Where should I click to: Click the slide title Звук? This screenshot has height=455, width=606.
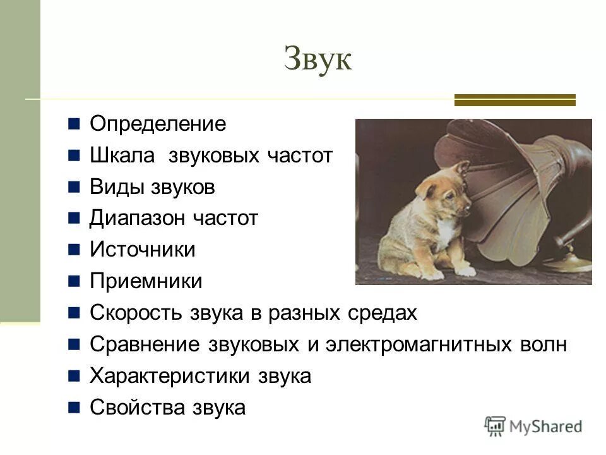[x=318, y=59]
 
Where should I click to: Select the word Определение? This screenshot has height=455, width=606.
[x=158, y=124]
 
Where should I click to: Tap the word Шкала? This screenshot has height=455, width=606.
[x=122, y=155]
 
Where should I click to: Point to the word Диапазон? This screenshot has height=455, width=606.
[x=137, y=219]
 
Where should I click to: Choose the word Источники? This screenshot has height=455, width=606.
[x=143, y=250]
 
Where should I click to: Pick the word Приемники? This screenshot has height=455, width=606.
[x=146, y=281]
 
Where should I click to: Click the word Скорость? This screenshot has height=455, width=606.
[x=135, y=313]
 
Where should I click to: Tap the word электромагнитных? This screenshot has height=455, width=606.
[x=419, y=344]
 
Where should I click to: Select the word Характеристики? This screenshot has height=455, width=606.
[x=169, y=376]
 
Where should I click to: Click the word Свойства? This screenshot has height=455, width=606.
[x=137, y=408]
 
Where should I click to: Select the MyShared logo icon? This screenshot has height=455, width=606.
[x=495, y=427]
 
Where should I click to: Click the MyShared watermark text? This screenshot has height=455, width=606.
[x=545, y=427]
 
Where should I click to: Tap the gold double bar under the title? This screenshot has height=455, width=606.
[x=515, y=100]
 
